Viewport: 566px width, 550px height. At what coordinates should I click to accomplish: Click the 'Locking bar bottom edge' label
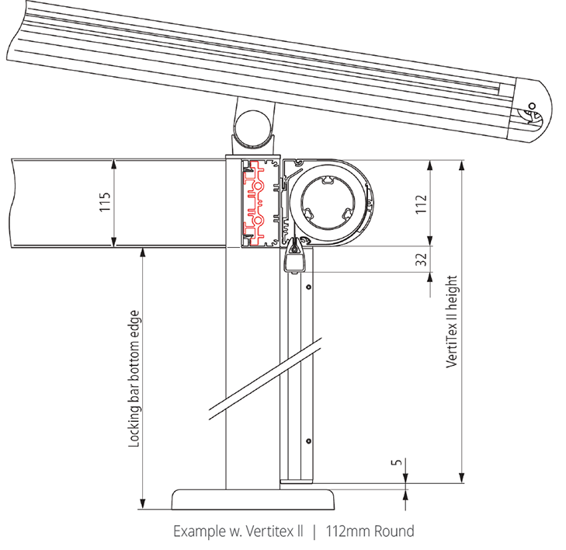tap(134, 379)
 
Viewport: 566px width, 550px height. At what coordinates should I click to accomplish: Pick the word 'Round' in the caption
tap(392, 532)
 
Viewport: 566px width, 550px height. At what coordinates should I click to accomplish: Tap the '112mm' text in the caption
tap(347, 532)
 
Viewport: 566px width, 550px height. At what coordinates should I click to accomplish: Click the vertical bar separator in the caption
tap(314, 532)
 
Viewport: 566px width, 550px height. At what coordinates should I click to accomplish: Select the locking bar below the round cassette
tap(296, 258)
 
